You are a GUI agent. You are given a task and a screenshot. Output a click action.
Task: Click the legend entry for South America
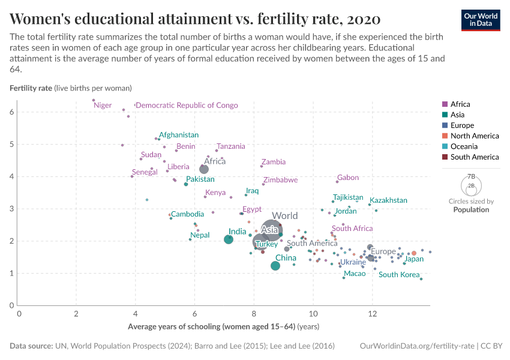pos(474,157)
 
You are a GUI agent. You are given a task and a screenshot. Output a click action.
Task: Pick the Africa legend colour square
pos(445,104)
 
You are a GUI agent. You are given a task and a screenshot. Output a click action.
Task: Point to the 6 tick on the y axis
pos(11,112)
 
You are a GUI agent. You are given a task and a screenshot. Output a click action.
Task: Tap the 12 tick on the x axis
pos(373,314)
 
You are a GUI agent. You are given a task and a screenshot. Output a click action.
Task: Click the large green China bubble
pos(275,266)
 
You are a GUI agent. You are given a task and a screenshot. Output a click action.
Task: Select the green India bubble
pos(229,239)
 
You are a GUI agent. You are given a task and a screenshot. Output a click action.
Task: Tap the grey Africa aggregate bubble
pos(204,169)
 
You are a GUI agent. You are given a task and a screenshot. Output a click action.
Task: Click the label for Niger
pos(103,106)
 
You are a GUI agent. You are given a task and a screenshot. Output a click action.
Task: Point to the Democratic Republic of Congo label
pos(187,106)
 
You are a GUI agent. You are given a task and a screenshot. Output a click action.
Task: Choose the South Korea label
pos(399,275)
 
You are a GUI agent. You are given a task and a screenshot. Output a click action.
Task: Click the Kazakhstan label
pos(388,200)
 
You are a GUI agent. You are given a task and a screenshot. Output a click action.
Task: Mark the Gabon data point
pos(337,182)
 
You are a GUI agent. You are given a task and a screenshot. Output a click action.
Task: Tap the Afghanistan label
pos(179,135)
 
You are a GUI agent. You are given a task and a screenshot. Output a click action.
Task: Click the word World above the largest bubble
pos(284,216)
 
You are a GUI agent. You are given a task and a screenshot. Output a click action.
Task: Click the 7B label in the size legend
pos(472,176)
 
